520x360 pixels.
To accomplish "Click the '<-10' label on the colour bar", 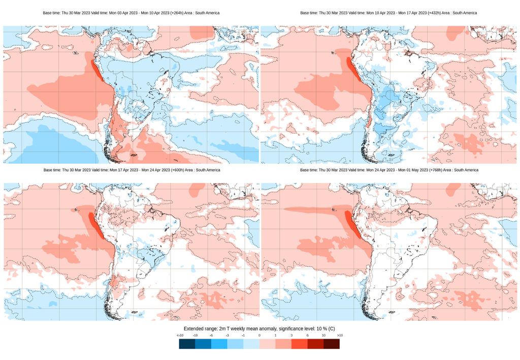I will point(180,336).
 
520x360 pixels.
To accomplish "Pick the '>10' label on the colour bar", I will point(340,336).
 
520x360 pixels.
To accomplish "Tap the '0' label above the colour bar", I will point(259,336).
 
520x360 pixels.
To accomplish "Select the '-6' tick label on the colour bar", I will point(211,336).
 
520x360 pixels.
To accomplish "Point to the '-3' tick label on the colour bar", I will point(227,336).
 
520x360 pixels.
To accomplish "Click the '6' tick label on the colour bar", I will point(307,336).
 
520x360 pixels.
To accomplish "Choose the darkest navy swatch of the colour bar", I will point(187,344).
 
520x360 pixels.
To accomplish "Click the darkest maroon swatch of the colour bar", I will point(332,344).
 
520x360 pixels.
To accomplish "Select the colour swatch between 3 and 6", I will point(299,344).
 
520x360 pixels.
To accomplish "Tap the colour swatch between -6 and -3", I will point(219,344).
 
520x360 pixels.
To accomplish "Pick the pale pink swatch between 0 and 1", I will point(267,344).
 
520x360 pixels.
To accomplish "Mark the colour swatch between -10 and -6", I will point(203,344).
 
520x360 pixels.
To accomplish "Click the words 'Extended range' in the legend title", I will point(201,329).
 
